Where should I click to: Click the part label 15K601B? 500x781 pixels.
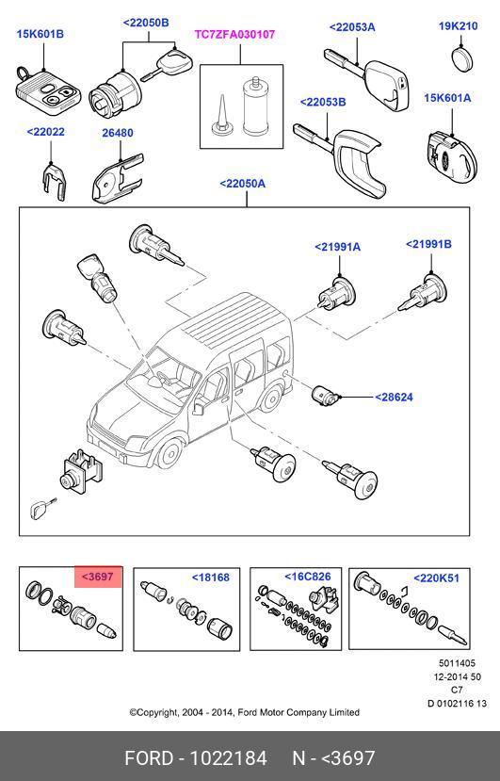[x=40, y=34]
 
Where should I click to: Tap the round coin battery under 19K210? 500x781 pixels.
[x=463, y=58]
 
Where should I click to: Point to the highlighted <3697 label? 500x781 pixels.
[x=98, y=577]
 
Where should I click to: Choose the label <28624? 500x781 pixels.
[x=394, y=398]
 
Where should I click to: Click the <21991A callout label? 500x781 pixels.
[x=338, y=247]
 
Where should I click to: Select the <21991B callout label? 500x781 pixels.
[x=428, y=244]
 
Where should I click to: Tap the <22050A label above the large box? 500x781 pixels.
[x=243, y=184]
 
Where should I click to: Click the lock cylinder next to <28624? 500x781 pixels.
[x=327, y=395]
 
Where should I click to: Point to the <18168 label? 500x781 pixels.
[x=211, y=578]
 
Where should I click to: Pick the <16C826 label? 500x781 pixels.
[x=307, y=577]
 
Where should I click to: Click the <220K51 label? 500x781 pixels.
[x=436, y=578]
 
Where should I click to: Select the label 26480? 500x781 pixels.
[x=118, y=133]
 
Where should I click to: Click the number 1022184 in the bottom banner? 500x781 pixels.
[x=229, y=758]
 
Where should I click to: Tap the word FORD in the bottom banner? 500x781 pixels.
[x=149, y=758]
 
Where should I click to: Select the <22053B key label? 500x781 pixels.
[x=323, y=102]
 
